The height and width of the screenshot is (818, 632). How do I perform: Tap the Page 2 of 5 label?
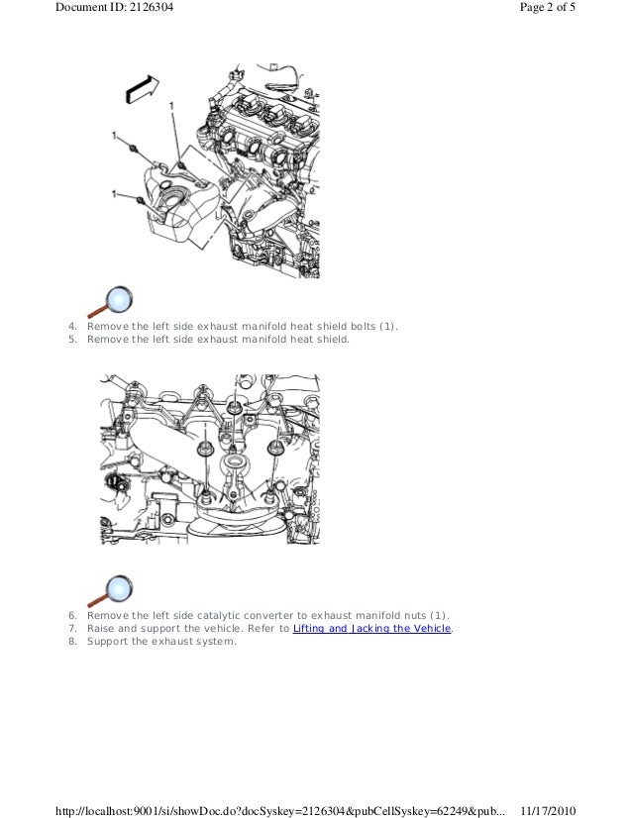pyautogui.click(x=548, y=7)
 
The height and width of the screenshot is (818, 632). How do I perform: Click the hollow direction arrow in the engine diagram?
pyautogui.click(x=142, y=89)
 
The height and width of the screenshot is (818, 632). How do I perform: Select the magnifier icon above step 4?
pyautogui.click(x=110, y=301)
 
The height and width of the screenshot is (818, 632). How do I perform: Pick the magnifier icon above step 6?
pyautogui.click(x=110, y=591)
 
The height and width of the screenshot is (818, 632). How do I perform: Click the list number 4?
pyautogui.click(x=72, y=327)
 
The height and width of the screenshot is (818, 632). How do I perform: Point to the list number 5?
pyautogui.click(x=72, y=340)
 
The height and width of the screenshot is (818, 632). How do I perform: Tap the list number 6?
pyautogui.click(x=72, y=616)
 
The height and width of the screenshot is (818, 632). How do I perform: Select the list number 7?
pyautogui.click(x=72, y=629)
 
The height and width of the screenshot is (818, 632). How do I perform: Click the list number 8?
pyautogui.click(x=72, y=642)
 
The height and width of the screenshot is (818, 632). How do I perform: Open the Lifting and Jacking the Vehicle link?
pyautogui.click(x=371, y=629)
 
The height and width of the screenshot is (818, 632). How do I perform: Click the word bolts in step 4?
pyautogui.click(x=364, y=327)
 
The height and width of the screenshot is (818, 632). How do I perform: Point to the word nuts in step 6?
pyautogui.click(x=415, y=616)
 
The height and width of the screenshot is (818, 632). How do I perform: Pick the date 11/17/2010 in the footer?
pyautogui.click(x=548, y=811)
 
